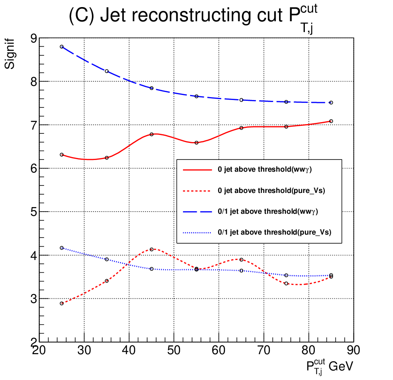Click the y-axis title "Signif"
10,54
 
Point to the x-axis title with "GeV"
330,366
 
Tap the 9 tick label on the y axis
34,38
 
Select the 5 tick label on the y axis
34,212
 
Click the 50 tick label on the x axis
174,350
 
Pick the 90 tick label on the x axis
353,350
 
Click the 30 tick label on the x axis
84,350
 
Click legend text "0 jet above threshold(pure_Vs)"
271,191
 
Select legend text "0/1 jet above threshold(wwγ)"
268,212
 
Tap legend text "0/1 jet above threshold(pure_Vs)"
274,232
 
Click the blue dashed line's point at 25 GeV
62,47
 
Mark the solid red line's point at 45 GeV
151,134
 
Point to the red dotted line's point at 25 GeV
62,303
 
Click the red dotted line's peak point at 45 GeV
151,250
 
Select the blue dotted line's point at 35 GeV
106,259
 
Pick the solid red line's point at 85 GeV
331,121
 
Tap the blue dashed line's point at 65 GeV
241,100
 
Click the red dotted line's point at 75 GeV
286,283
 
